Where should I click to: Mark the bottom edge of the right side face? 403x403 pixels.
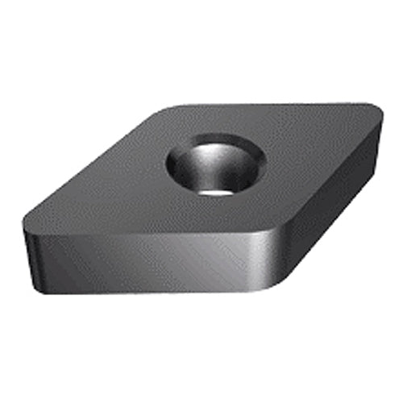[x=322, y=242]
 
